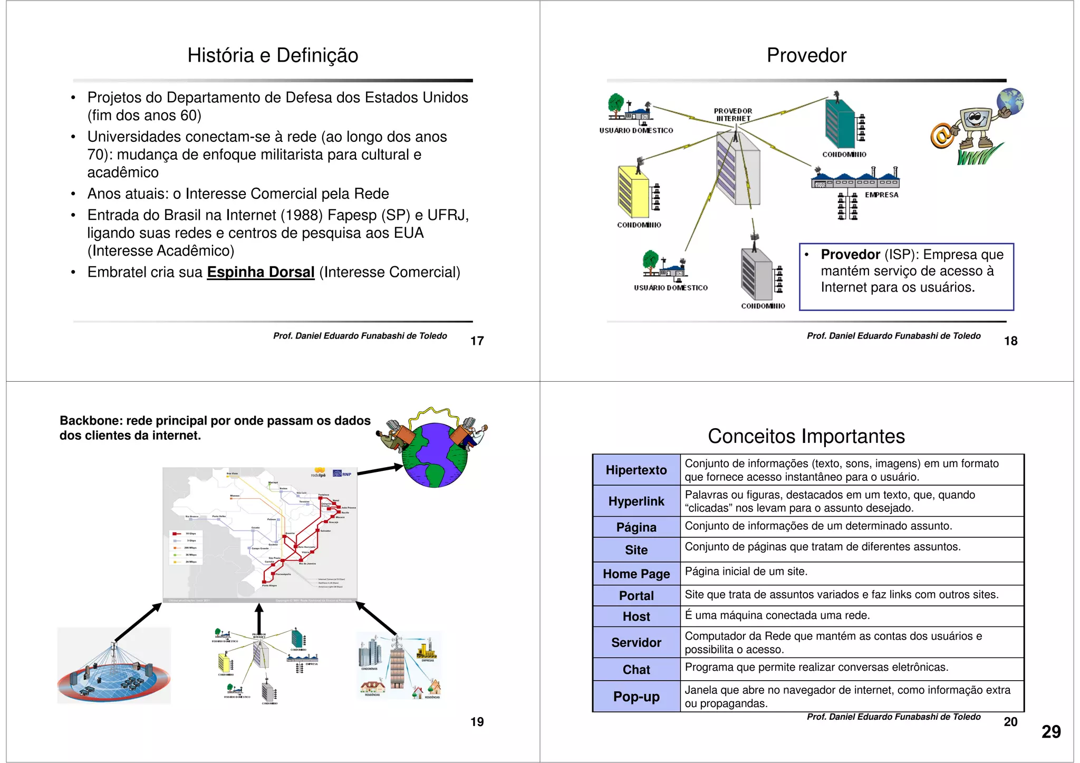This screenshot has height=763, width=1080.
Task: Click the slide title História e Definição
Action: tap(273, 55)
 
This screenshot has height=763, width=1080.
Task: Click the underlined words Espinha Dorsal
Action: tap(261, 272)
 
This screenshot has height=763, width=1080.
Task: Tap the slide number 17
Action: tap(477, 341)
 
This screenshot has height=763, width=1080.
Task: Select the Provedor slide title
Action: tap(806, 55)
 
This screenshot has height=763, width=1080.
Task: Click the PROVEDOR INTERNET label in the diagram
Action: tap(733, 115)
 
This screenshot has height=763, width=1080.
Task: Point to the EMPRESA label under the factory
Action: tap(881, 195)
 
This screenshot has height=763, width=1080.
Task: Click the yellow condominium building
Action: tap(633, 191)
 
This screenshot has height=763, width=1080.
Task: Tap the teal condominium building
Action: tap(840, 124)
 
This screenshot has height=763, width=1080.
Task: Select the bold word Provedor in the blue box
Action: tap(850, 255)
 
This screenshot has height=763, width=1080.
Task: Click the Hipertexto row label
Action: tap(636, 470)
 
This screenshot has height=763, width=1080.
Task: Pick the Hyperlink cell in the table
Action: tap(636, 501)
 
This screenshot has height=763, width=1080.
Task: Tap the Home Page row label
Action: tap(636, 574)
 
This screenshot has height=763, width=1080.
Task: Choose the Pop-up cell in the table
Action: tap(636, 697)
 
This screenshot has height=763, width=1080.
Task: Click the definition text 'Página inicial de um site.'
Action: tap(746, 572)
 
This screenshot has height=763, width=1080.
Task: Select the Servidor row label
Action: tap(636, 642)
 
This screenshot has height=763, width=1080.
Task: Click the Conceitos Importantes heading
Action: tap(806, 436)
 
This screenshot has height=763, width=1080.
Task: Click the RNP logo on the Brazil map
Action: tap(342, 474)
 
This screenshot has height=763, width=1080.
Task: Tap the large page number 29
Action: tap(1050, 732)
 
